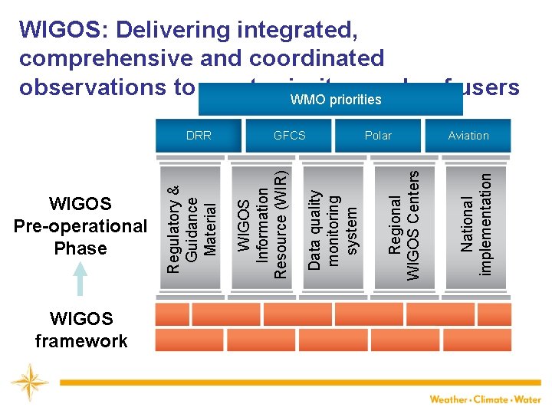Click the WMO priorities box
point(335,100)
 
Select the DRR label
point(199,136)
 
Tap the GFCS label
point(290,136)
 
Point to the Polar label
point(378,136)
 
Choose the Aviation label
point(468,136)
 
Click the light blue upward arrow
point(80,278)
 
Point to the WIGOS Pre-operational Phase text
point(80,226)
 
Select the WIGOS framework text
point(81,330)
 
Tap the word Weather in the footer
point(449,399)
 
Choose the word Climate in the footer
point(491,399)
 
